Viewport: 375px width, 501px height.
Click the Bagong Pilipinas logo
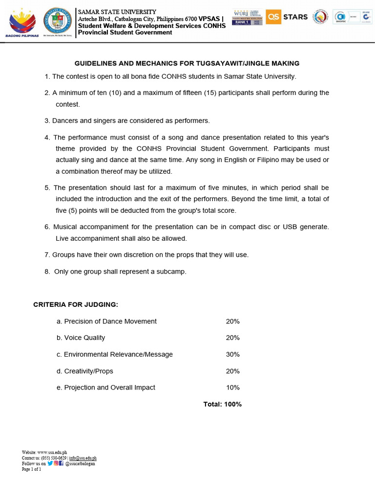(23, 23)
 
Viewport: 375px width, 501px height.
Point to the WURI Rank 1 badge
(248, 17)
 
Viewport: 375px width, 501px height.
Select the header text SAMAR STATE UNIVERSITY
(117, 12)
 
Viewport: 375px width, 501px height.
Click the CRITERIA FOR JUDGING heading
(76, 305)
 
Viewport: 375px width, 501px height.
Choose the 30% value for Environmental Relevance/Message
(233, 355)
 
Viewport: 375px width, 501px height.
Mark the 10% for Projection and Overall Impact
(233, 387)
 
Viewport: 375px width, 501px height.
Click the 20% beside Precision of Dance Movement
(233, 321)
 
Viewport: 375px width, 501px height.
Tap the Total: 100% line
(223, 404)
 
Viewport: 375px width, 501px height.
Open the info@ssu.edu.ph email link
(83, 458)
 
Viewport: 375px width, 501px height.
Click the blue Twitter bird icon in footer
(50, 463)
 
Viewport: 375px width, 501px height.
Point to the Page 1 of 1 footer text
(32, 469)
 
